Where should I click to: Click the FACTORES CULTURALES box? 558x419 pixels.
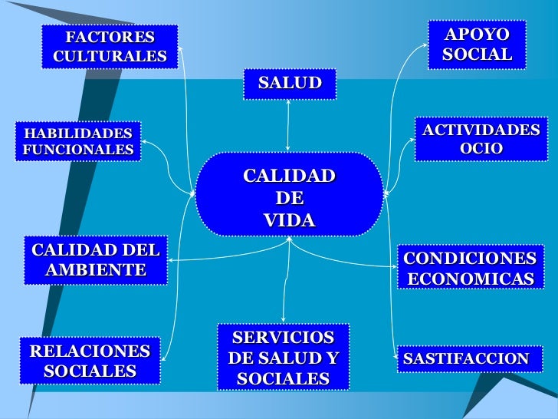(x=110, y=47)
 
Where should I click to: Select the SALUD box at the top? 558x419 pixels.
(x=290, y=84)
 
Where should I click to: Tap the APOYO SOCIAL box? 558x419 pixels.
(x=476, y=45)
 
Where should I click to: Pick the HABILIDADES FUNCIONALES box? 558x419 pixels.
(x=77, y=141)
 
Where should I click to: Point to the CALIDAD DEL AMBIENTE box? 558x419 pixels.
(x=96, y=259)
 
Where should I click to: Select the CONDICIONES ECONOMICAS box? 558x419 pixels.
(x=471, y=268)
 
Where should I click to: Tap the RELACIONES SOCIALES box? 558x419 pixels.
(x=90, y=361)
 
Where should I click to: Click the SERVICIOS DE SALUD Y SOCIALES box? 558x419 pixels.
(x=283, y=358)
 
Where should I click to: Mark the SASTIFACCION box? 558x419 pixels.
(x=466, y=358)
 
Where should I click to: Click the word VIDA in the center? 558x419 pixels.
(x=289, y=220)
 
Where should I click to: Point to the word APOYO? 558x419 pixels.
(x=477, y=35)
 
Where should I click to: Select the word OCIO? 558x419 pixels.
(x=481, y=149)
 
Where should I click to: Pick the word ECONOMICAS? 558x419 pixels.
(x=471, y=278)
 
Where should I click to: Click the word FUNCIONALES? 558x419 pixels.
(x=77, y=150)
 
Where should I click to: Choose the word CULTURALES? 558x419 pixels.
(x=110, y=56)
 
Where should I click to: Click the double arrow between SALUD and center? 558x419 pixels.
(x=288, y=126)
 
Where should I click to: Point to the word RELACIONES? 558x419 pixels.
(x=90, y=351)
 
